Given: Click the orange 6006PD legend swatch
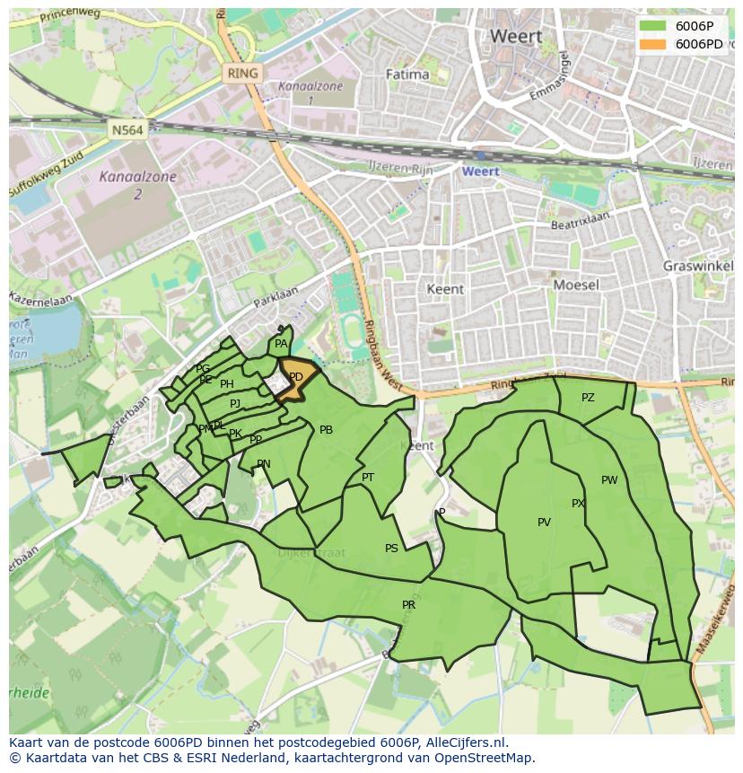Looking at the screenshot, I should tap(652, 44).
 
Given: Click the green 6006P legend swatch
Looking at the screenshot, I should tap(652, 26).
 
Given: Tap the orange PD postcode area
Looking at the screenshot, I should tap(297, 376).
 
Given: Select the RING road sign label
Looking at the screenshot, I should tap(242, 74).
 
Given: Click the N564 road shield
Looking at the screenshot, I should tap(127, 130).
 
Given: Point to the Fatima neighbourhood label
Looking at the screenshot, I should tap(407, 75).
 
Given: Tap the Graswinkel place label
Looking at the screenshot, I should tap(697, 267).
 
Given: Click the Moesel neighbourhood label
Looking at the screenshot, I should tap(576, 285).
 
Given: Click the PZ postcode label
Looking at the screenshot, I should tap(588, 398).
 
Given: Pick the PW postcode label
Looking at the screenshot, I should tap(609, 480).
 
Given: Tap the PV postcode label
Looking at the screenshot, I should tap(544, 523).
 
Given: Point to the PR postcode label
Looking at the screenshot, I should tap(408, 605).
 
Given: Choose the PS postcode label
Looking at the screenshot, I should tap(391, 549).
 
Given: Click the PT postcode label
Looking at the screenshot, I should tap(368, 478).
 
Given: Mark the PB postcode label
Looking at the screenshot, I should tap(326, 430).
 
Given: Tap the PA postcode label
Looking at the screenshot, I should tap(281, 344).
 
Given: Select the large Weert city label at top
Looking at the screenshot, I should tap(516, 36).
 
